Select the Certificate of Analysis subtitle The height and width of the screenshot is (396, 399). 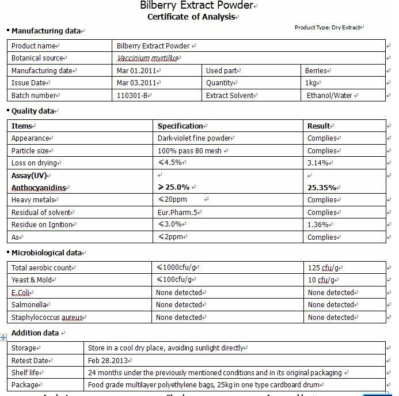coord(191,17)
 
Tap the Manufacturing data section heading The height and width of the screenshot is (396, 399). coord(47,31)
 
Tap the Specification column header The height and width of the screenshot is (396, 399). coord(180,126)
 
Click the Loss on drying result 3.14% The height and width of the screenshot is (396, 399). coord(318,163)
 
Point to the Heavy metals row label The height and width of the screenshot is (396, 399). coord(34,200)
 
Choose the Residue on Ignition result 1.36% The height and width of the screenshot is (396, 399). coord(318,225)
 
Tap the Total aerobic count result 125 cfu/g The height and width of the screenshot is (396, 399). coord(324,267)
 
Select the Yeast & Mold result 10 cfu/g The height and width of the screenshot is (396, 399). coord(321,280)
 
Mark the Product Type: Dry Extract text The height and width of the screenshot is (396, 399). coord(328,27)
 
